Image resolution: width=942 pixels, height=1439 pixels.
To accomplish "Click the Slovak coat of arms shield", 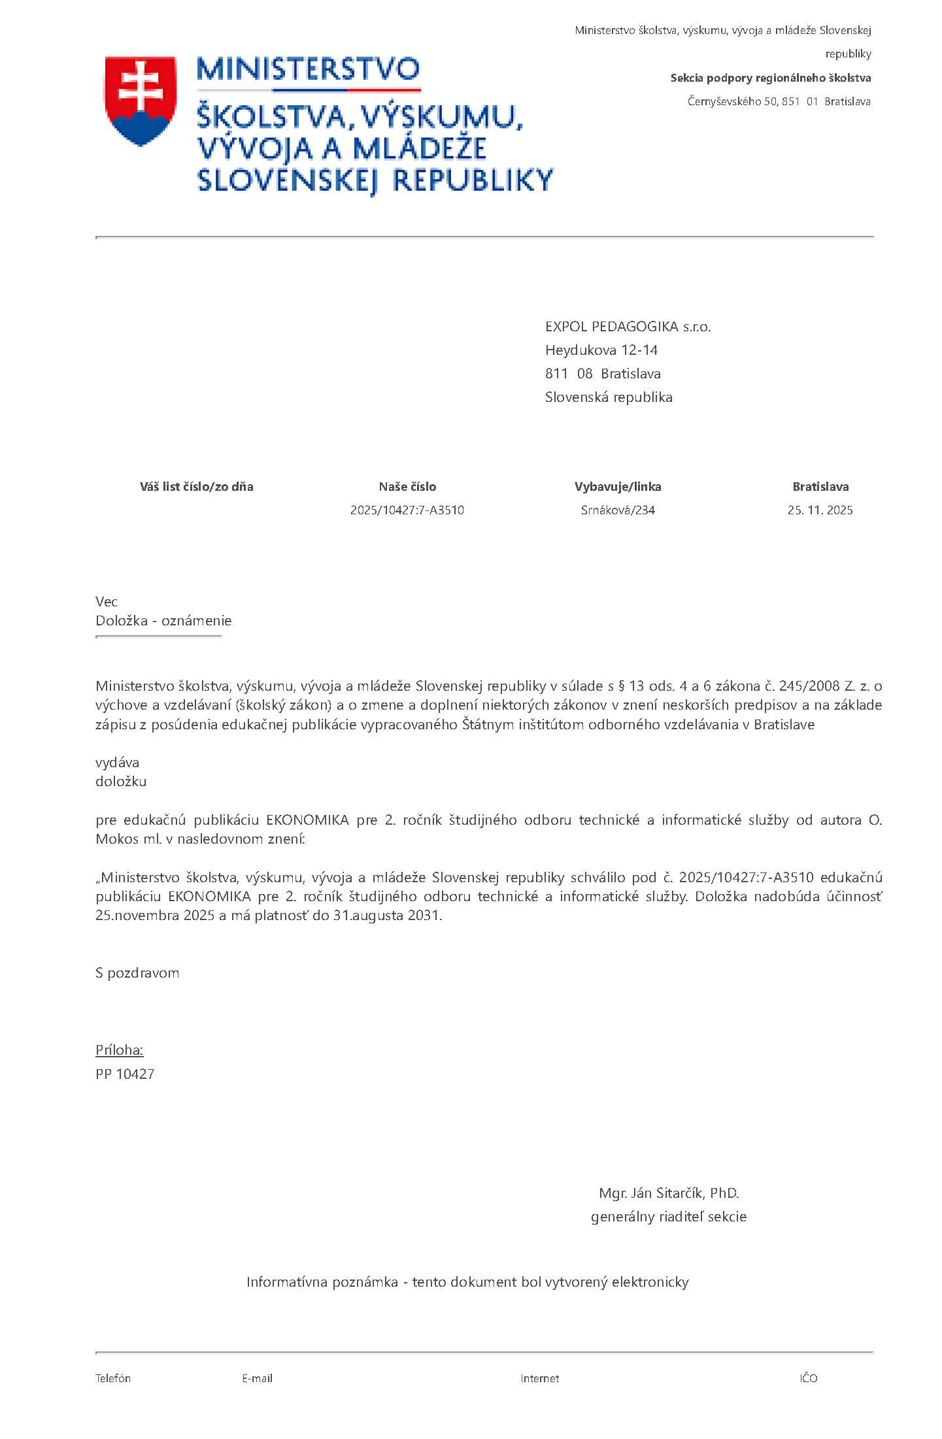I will click(141, 100).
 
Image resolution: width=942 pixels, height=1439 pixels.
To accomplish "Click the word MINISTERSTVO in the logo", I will click(308, 69).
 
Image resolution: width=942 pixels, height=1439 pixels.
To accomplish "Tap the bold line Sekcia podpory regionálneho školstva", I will click(770, 78).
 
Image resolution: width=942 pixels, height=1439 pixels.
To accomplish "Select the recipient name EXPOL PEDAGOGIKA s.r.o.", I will click(628, 327).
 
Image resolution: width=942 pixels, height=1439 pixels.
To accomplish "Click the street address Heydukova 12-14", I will click(601, 350).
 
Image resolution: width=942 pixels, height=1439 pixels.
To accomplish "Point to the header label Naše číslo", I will click(407, 486).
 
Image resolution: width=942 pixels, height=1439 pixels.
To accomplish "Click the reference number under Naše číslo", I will click(407, 510).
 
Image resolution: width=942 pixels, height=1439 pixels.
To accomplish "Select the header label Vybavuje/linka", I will click(618, 486).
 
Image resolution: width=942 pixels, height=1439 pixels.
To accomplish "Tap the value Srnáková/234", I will click(618, 510).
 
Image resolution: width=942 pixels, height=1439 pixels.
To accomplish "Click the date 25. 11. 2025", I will click(820, 510).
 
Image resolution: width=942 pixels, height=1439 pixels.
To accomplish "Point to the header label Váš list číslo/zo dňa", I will click(196, 486).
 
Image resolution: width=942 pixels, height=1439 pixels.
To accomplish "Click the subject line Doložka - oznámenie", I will click(163, 621).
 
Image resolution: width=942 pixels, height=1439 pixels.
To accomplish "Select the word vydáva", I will click(117, 763).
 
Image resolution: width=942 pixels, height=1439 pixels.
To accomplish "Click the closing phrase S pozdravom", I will click(137, 973).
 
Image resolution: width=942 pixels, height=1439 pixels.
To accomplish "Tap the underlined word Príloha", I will click(119, 1050).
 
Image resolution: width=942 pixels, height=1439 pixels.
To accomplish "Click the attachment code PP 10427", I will click(125, 1074).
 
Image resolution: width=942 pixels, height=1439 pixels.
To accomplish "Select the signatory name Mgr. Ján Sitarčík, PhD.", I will click(669, 1193).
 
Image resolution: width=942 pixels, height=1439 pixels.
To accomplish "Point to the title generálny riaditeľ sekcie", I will click(669, 1217).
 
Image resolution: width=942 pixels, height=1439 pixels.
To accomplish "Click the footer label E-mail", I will click(257, 1378).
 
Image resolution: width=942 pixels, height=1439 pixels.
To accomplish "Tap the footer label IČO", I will click(808, 1378).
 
